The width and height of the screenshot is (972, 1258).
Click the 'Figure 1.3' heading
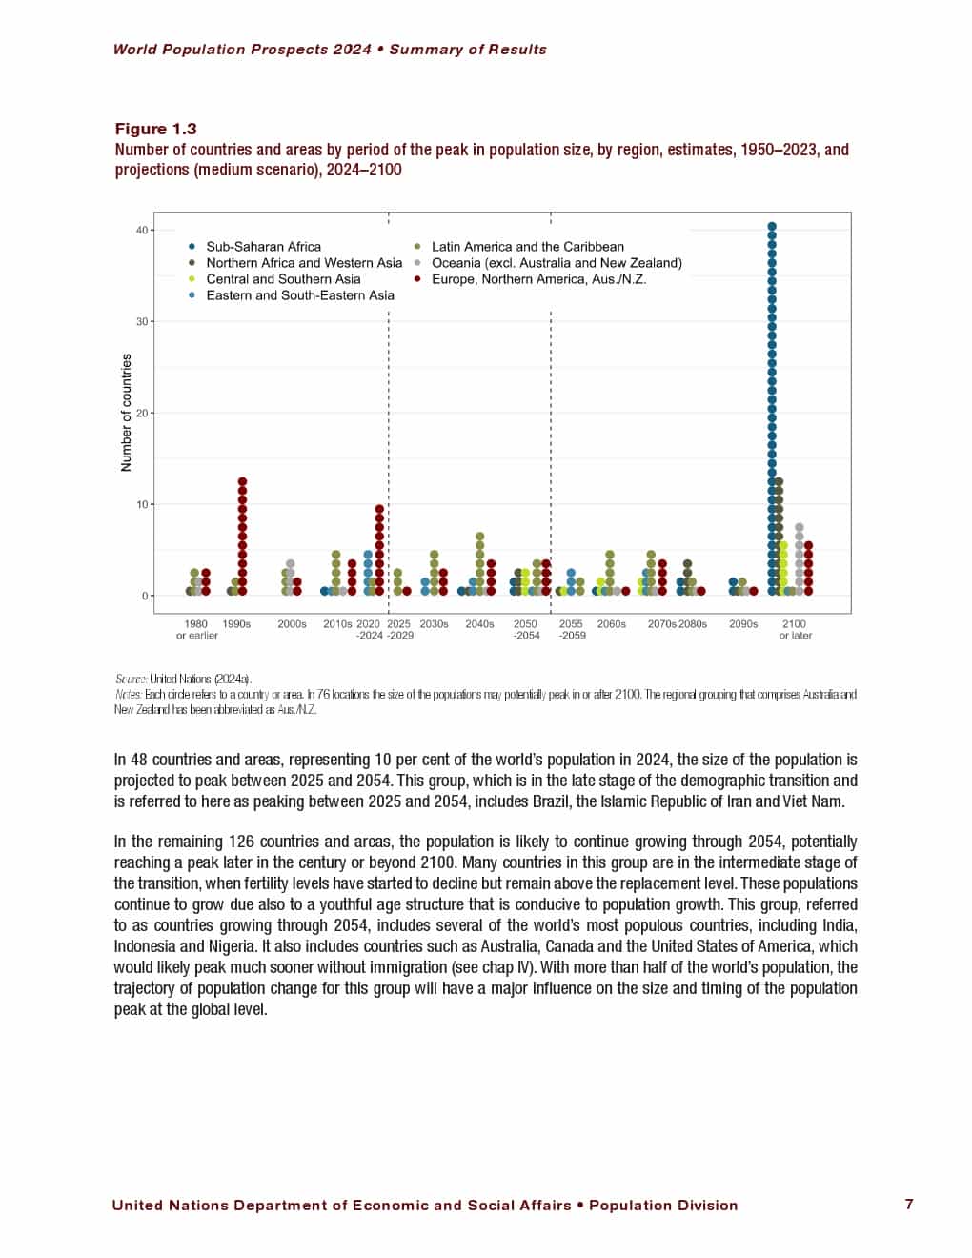155,129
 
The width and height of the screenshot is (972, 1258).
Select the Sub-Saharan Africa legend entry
263,246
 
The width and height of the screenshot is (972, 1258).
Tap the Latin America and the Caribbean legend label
527,246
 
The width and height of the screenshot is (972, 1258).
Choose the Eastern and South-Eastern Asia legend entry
299,295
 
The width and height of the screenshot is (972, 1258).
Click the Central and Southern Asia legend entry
283,279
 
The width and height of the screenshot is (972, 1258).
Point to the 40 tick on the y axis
142,230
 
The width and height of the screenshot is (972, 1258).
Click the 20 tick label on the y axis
142,413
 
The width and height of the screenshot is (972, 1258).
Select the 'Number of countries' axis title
126,413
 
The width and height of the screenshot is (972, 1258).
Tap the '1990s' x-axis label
236,624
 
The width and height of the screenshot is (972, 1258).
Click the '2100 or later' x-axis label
795,630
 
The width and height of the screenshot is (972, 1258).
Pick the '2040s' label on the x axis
479,624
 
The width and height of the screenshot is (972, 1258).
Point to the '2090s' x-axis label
743,624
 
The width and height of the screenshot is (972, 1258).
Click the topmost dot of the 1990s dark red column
242,482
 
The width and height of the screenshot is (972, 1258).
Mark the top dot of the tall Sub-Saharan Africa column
772,227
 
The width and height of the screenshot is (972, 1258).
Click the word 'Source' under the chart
131,680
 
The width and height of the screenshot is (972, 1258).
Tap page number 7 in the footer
909,1205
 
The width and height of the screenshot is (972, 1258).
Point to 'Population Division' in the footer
663,1206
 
